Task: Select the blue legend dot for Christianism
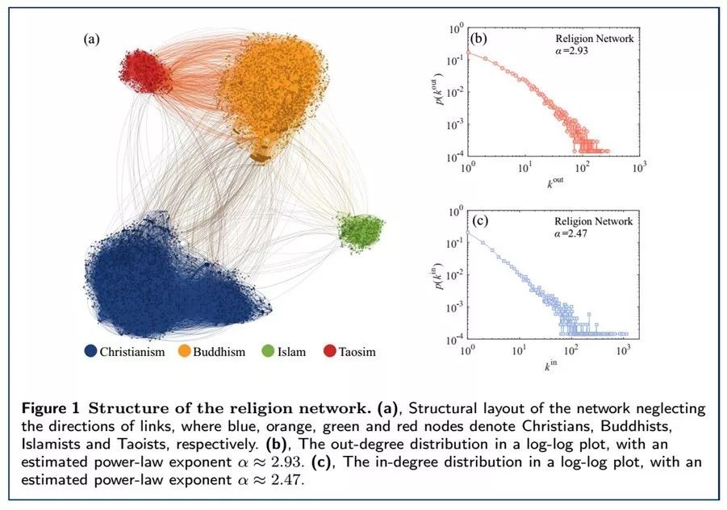[x=91, y=351]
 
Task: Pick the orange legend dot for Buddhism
[x=184, y=351]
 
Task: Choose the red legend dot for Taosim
[x=329, y=351]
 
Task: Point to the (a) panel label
[x=91, y=39]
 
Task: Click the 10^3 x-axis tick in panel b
[x=639, y=167]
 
